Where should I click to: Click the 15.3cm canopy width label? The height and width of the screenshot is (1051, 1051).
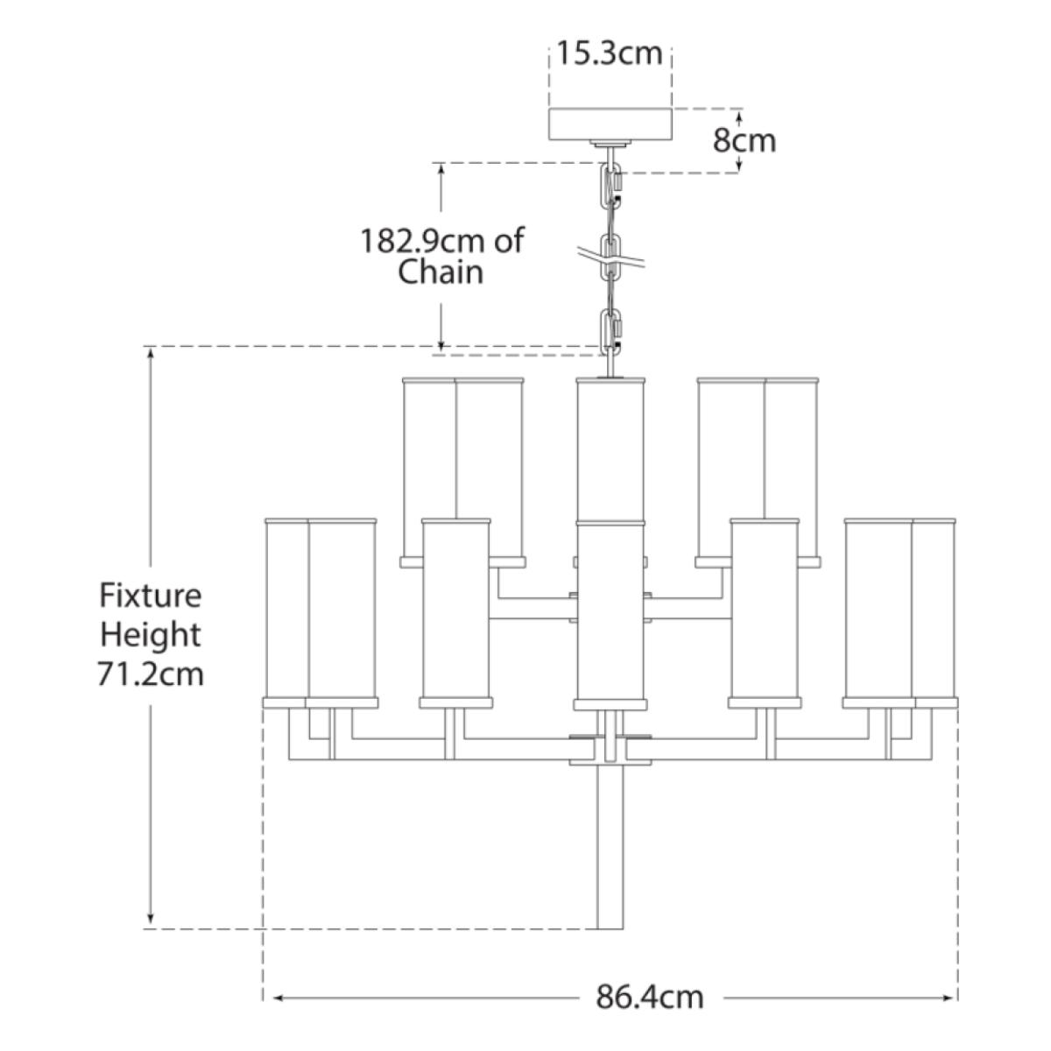tap(610, 54)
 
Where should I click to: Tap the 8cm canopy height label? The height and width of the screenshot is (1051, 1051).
tap(744, 140)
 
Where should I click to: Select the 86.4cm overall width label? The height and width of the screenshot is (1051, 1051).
tap(650, 997)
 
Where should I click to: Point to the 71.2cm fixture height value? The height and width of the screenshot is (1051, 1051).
tap(152, 674)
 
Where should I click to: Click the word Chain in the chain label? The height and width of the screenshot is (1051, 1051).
tap(441, 272)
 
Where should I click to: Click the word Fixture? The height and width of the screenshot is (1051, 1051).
tap(151, 596)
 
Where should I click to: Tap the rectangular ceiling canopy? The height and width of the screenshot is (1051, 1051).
tap(610, 123)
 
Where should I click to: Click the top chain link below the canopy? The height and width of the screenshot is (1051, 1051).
tap(610, 182)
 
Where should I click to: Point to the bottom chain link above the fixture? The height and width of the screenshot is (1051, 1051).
tap(610, 329)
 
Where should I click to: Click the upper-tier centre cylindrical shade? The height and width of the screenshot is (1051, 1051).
tap(610, 447)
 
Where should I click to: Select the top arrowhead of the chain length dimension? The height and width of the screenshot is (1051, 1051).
tap(442, 169)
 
